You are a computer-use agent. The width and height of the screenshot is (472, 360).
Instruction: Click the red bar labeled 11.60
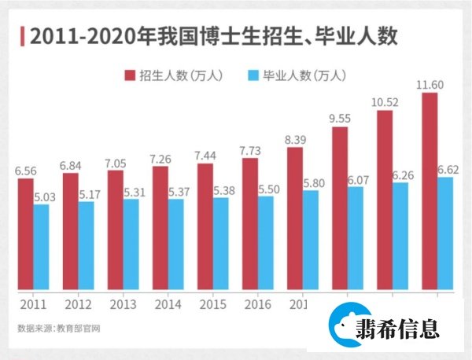click(430, 192)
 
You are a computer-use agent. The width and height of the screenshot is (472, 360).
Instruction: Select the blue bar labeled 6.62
click(445, 233)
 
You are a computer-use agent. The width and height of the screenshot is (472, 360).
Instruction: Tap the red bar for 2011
click(26, 234)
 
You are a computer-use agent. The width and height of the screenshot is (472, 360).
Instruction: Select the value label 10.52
click(385, 102)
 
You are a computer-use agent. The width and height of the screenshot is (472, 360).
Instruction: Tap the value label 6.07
click(356, 179)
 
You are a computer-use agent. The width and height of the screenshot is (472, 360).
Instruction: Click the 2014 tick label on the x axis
click(168, 304)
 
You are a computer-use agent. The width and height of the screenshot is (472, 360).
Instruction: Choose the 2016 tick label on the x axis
click(258, 304)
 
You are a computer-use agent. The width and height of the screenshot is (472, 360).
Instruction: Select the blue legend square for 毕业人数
click(253, 75)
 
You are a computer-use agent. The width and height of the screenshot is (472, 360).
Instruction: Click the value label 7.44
click(205, 156)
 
